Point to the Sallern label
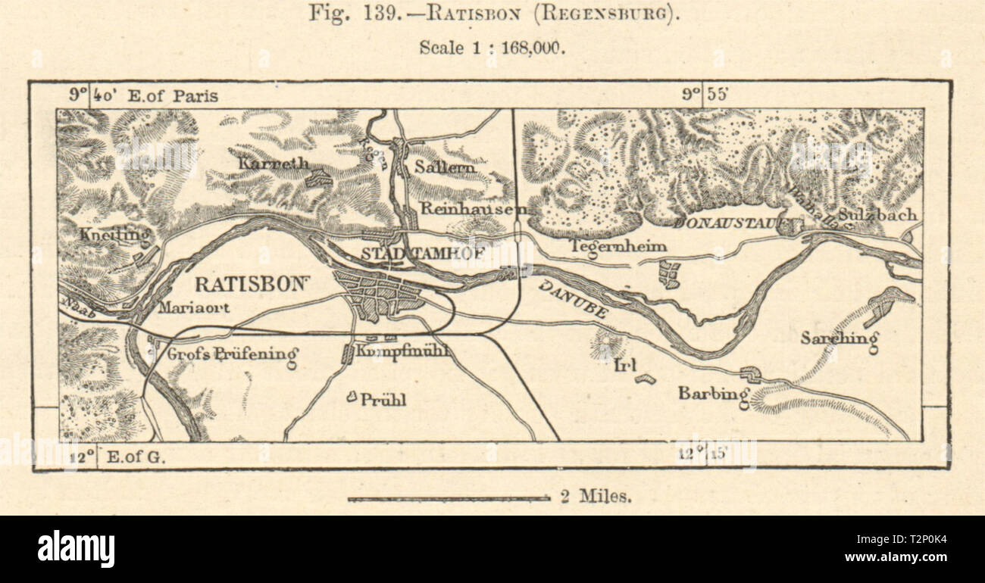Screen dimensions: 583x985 click(445, 167)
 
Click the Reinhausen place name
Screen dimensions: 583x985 click(462, 207)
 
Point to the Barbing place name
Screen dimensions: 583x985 click(713, 393)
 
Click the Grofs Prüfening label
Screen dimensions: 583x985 click(232, 354)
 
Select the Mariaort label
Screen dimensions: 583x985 click(194, 308)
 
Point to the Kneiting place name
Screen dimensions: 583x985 click(114, 235)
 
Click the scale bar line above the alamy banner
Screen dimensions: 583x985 click(449, 498)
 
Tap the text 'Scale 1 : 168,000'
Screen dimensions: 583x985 click(492, 47)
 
